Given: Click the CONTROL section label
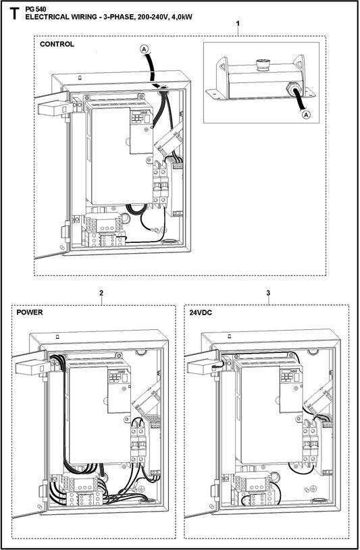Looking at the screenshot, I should pos(57,45).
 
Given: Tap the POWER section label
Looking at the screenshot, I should pos(31,313).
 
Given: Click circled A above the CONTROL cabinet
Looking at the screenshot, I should pos(143,48).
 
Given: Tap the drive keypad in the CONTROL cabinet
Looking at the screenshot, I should pos(138,117).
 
